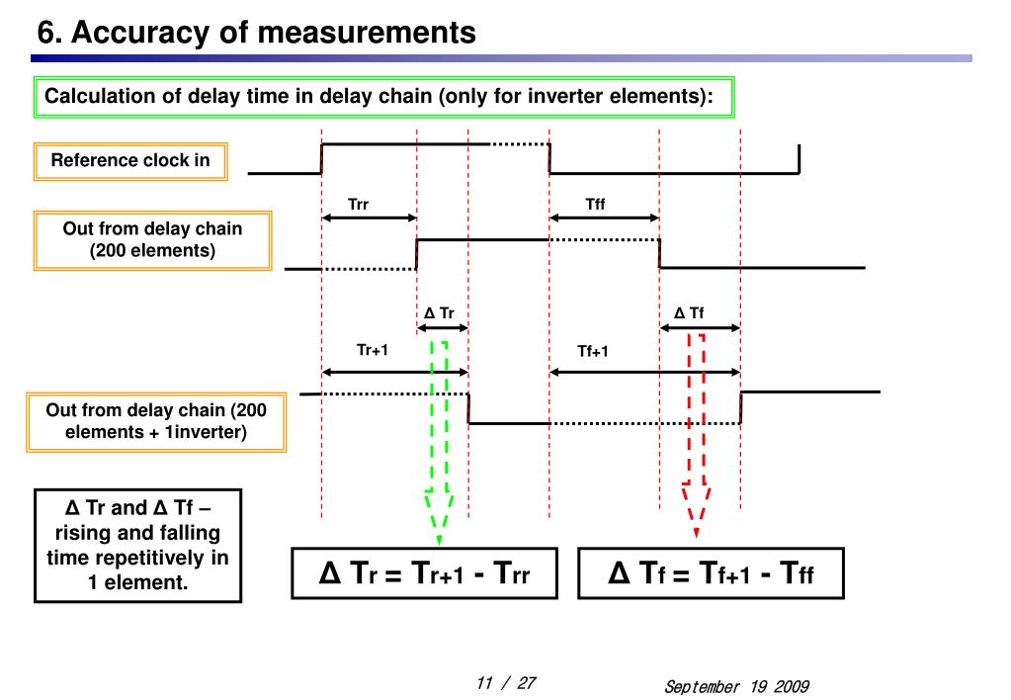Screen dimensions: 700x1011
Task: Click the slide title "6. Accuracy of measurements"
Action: [256, 33]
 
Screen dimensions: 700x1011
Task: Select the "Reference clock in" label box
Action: [130, 161]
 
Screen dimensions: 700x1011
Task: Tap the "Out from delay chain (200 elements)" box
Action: [152, 239]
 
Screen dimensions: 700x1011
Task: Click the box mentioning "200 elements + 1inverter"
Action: [156, 421]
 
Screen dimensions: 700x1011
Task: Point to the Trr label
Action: [358, 205]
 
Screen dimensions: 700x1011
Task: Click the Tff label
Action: [595, 205]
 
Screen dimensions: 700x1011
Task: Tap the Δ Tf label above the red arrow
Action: [689, 313]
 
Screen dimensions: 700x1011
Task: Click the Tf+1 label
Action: [593, 351]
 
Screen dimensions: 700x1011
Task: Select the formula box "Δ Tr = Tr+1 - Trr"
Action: [424, 573]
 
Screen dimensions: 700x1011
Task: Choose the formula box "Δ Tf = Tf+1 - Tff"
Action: [711, 573]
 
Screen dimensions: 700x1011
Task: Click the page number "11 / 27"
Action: [505, 683]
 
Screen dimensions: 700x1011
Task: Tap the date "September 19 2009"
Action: [736, 686]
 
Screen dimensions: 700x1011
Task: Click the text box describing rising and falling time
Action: [137, 545]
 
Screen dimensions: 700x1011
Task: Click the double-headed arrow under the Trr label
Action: [370, 219]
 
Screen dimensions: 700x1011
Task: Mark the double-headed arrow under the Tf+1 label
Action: [644, 372]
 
